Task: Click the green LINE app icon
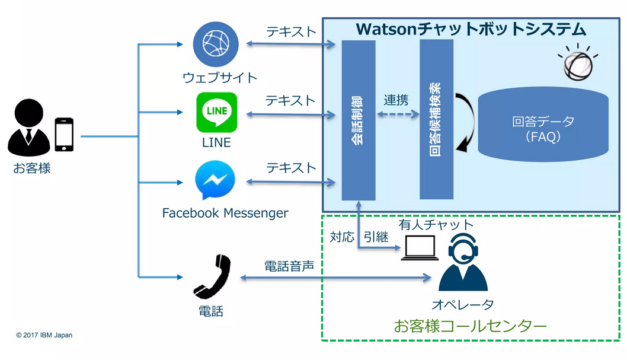coord(216,112)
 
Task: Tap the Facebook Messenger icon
coord(215,182)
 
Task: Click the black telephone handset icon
coord(212,277)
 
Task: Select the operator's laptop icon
coord(420,248)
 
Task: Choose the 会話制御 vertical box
coord(359,120)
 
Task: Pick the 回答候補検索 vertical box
coord(437,120)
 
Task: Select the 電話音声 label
coord(289,266)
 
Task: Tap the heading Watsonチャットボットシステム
coord(471,28)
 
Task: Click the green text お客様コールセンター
coord(470,326)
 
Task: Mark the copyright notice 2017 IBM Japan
coord(44,335)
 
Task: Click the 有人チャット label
coord(436,225)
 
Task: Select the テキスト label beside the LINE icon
coord(290,100)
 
